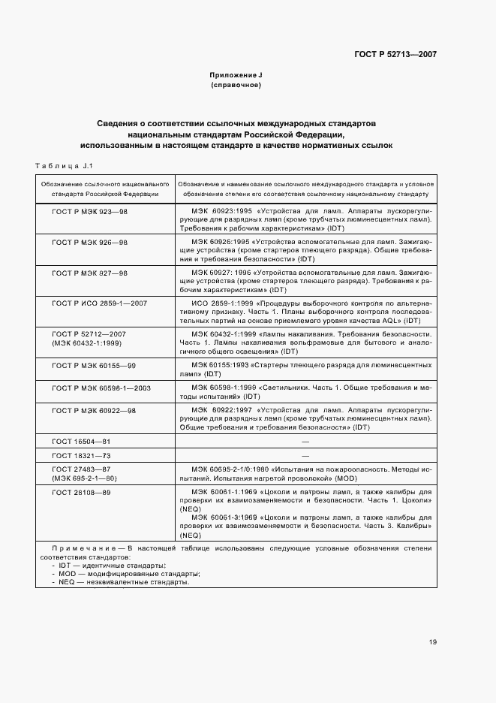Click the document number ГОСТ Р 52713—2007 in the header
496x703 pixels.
pos(395,54)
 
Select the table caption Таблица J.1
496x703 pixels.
pos(63,165)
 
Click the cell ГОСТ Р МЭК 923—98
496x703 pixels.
pos(89,212)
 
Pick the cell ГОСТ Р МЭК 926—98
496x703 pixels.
pos(89,243)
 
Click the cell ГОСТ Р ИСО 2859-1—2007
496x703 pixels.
pos(99,303)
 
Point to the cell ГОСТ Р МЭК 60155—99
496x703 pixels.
pos(94,364)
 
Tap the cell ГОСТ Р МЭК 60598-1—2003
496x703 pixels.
pos(101,388)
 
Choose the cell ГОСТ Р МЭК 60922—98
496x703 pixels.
pos(94,411)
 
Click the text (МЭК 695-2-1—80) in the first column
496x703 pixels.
pos(84,478)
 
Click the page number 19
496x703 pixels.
pos(433,641)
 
